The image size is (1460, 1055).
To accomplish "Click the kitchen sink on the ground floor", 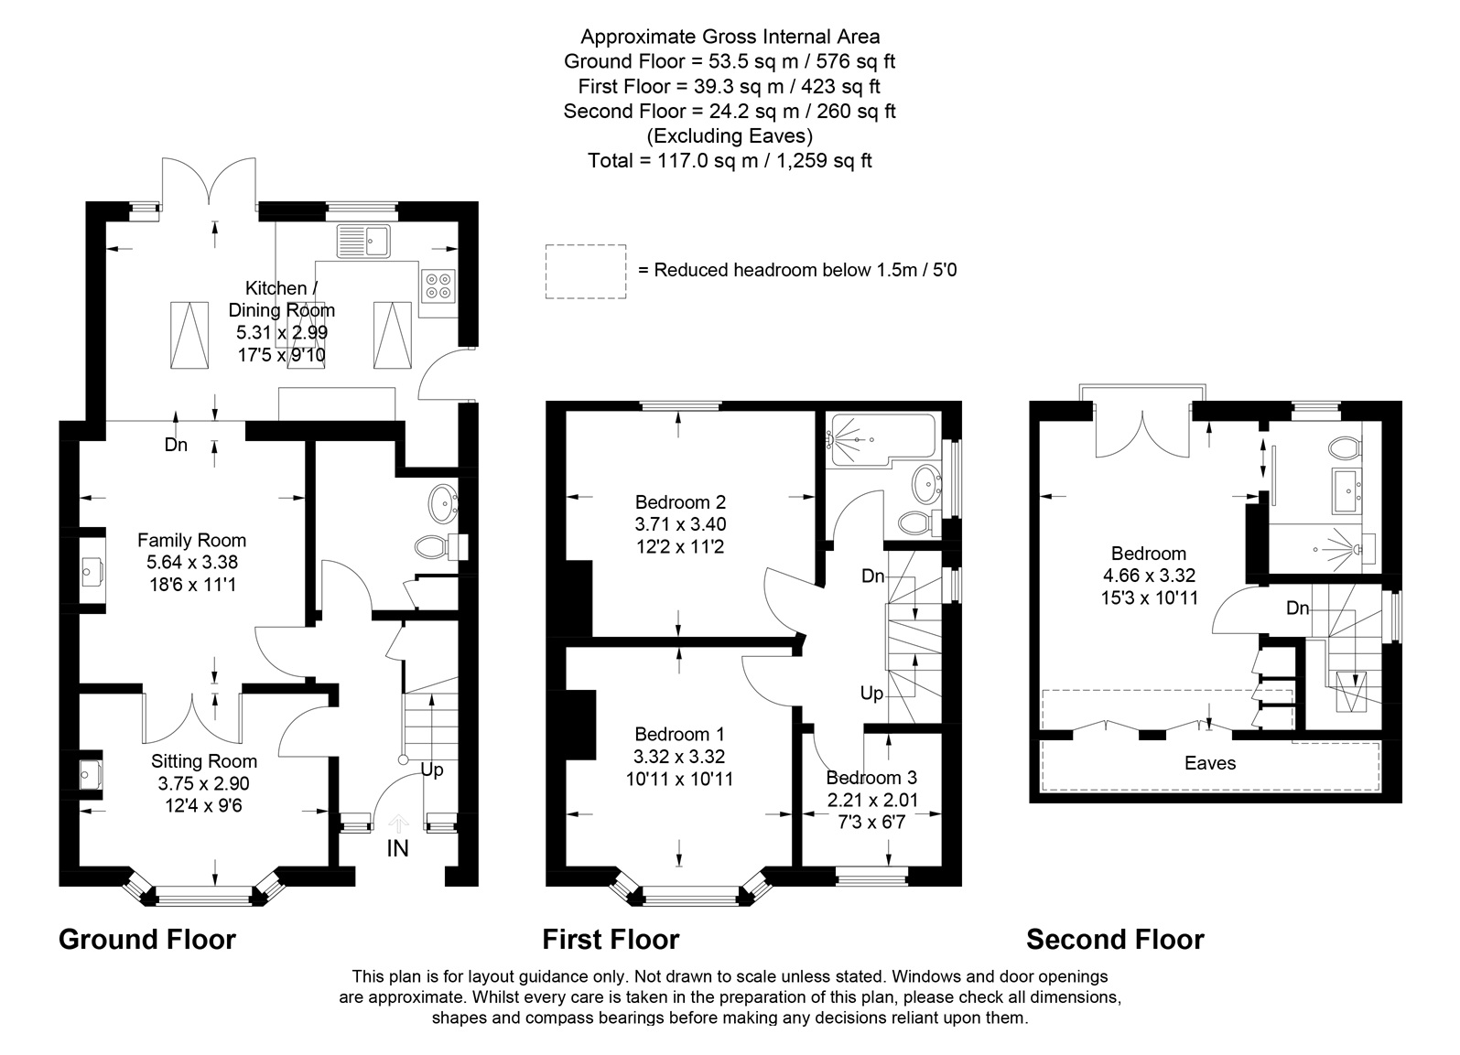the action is tap(363, 241).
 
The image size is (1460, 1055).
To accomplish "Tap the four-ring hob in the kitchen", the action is tap(438, 285).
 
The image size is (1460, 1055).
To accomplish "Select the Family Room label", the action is tap(191, 540).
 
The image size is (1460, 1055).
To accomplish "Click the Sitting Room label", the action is tap(204, 761).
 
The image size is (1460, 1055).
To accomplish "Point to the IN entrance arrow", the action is tap(398, 824).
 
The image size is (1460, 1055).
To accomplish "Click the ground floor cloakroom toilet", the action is tap(441, 547).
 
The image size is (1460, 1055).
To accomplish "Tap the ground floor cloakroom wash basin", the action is tap(443, 502).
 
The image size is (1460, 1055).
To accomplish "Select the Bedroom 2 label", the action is tap(680, 502).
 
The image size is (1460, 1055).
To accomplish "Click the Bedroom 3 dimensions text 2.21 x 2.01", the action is tap(872, 800).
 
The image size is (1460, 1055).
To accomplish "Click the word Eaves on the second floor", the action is tap(1210, 763).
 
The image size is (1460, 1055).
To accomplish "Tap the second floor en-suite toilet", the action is tap(1345, 447).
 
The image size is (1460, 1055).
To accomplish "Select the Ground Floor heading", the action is tap(147, 940).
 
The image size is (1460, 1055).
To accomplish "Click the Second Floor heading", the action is tap(1115, 940).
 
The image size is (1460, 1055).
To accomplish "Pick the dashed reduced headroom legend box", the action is tap(586, 272).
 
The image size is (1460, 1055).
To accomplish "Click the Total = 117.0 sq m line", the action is tap(730, 160).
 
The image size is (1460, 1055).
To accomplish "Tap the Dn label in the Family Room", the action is tap(176, 445).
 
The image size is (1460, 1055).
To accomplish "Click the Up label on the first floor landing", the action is tap(871, 694).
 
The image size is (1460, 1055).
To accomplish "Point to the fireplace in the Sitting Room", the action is tap(92, 774).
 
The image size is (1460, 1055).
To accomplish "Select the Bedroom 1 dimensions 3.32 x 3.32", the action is tap(679, 757).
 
